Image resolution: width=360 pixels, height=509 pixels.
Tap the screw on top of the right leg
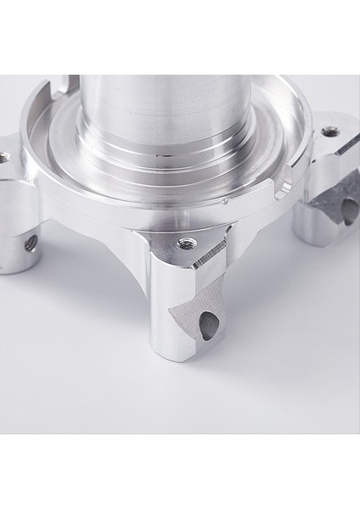tap(329, 131)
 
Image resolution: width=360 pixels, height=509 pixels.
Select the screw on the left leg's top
tap(6, 156)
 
